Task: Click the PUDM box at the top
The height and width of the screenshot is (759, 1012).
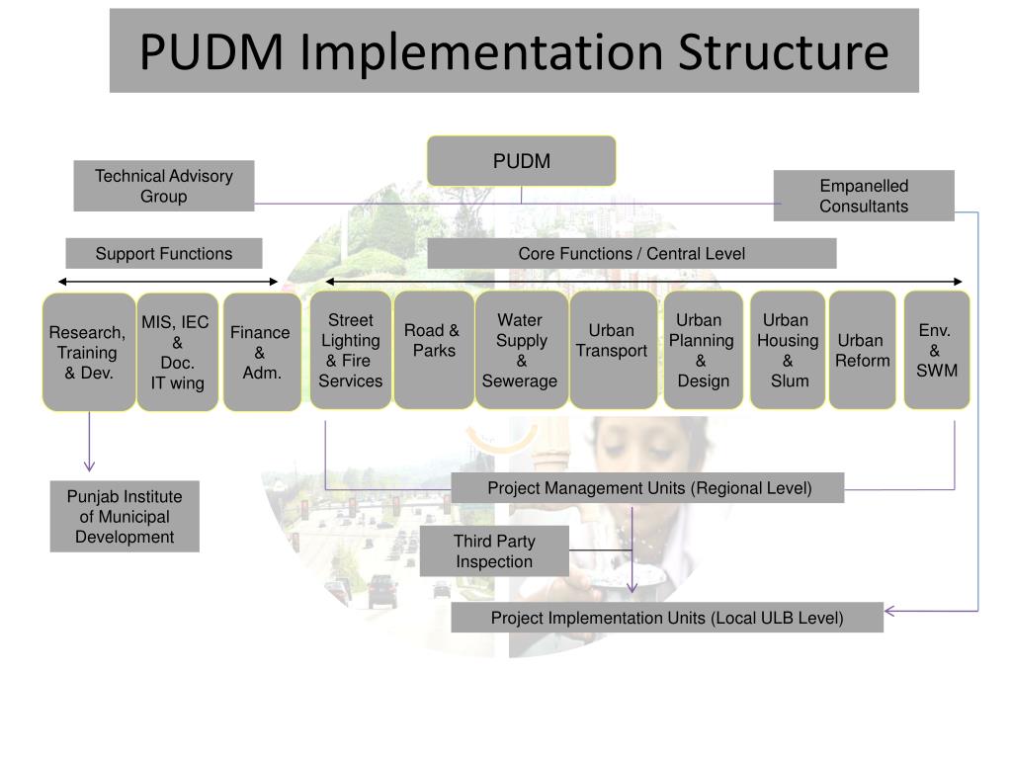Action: [521, 161]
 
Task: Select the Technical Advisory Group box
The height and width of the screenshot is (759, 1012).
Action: [164, 186]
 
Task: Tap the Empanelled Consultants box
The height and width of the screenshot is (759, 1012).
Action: [864, 196]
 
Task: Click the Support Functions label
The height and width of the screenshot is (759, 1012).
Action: [164, 254]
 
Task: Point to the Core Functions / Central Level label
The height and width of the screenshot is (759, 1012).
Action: [632, 254]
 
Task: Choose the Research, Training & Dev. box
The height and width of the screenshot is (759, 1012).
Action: [89, 352]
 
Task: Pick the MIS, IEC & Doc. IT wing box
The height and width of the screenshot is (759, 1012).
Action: [177, 352]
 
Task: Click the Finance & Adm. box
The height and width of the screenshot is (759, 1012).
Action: [262, 352]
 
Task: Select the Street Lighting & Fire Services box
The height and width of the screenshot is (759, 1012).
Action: [351, 350]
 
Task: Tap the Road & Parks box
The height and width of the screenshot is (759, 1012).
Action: [433, 350]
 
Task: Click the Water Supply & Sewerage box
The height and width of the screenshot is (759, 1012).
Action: [521, 350]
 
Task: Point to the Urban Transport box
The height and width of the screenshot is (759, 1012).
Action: [613, 350]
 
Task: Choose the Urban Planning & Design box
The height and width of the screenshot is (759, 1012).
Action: [703, 350]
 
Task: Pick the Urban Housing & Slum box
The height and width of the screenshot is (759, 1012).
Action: [788, 350]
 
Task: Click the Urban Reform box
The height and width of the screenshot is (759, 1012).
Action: [862, 350]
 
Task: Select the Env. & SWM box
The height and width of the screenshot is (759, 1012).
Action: [937, 350]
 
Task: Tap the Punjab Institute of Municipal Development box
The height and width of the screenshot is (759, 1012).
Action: [125, 516]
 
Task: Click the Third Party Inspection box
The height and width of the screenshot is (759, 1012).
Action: [494, 551]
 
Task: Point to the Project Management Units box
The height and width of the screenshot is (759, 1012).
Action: [648, 488]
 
